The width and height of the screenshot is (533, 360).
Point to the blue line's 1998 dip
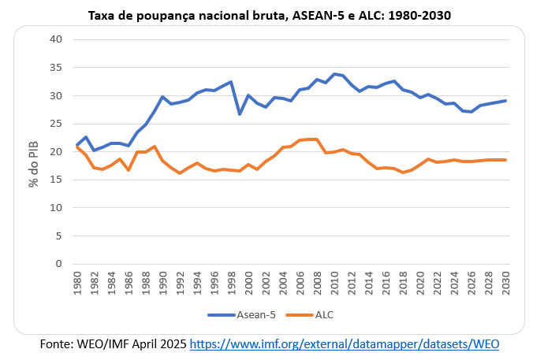click(240, 114)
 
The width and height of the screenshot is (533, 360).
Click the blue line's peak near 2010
click(334, 74)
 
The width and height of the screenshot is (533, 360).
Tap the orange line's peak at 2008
click(317, 139)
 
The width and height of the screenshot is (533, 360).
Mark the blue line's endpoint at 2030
click(505, 101)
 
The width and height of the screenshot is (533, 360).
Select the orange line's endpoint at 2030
click(505, 160)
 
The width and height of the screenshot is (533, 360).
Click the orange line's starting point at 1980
click(77, 147)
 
